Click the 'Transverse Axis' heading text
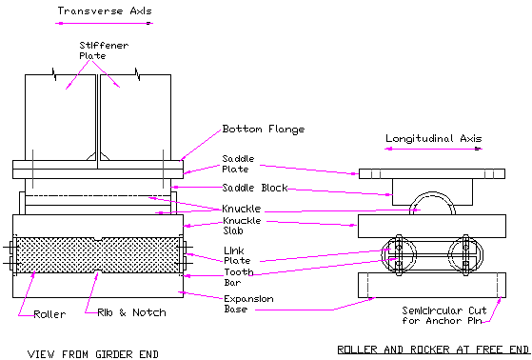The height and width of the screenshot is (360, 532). [x=103, y=11]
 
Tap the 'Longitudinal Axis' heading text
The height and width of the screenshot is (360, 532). [x=434, y=138]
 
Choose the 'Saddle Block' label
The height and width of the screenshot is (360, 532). [x=254, y=188]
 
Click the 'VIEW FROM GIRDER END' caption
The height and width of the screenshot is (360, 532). [x=93, y=353]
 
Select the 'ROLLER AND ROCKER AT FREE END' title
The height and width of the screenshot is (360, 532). [x=433, y=349]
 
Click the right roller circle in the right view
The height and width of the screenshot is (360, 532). [x=466, y=255]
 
